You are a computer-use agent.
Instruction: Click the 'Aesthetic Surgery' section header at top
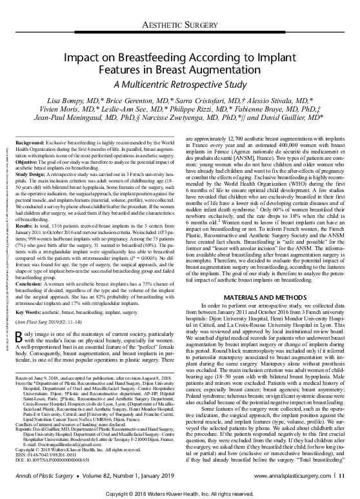point(179,26)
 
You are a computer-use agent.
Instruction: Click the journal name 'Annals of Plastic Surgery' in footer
point(43,476)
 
